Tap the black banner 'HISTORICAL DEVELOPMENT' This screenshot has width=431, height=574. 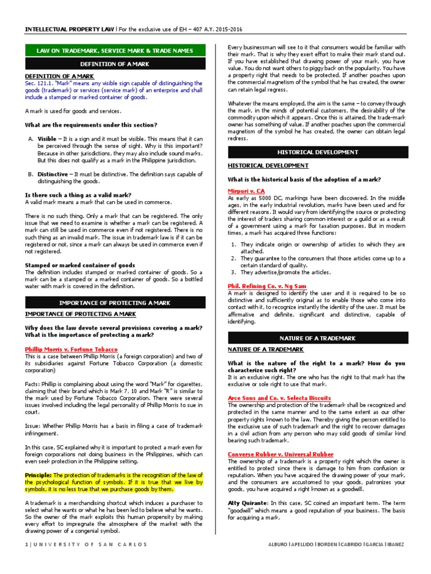pos(317,152)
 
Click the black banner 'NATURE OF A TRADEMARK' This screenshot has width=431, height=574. pos(317,338)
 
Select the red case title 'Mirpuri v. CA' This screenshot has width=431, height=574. pos(246,191)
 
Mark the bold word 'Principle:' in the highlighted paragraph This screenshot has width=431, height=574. pos(39,474)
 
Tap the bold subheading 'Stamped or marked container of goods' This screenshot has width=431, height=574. pos(80,265)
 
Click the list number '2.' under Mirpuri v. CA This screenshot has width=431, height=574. pos(234,258)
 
